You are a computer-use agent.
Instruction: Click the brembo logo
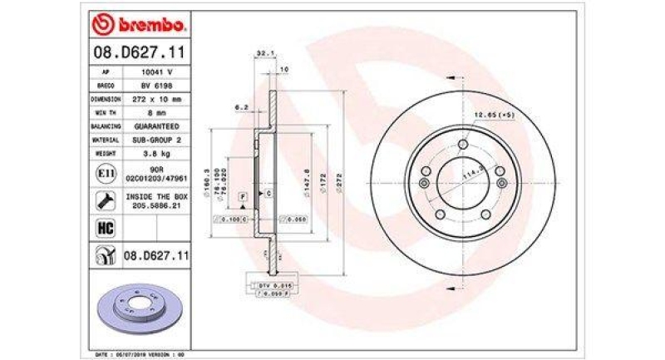coord(139,26)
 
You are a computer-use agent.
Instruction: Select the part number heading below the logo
coord(138,54)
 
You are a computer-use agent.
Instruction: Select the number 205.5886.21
coord(156,204)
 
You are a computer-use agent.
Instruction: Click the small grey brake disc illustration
coord(136,303)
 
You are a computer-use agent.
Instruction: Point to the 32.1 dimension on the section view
coord(263,52)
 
